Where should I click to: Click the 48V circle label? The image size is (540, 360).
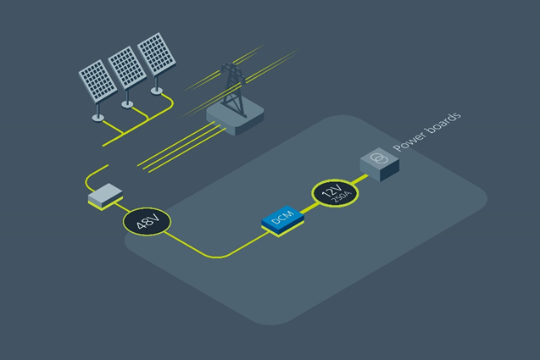pos(148,222)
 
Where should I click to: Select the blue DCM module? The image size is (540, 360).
pos(282,219)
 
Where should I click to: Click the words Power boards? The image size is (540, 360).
pos(426,136)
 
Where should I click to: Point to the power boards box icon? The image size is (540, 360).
pos(379,163)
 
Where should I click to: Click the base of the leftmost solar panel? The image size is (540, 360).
pos(98,116)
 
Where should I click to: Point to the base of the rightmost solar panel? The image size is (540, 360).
pos(157,90)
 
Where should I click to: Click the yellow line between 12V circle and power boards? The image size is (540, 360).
pos(359,180)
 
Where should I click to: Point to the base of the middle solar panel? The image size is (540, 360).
pos(128,103)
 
